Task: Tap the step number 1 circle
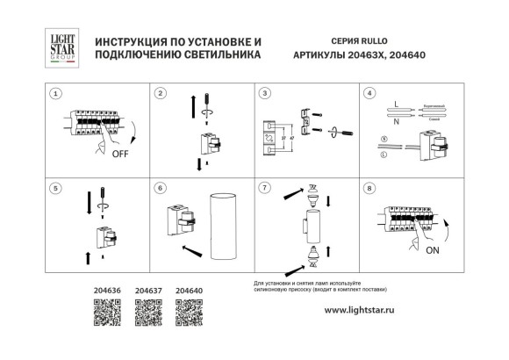[56, 93]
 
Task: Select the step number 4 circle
[369, 93]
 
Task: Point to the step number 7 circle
[264, 187]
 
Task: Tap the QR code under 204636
[106, 310]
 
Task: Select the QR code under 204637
[147, 310]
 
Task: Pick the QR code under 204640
[189, 310]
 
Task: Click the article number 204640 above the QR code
[189, 288]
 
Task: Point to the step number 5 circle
[56, 187]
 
